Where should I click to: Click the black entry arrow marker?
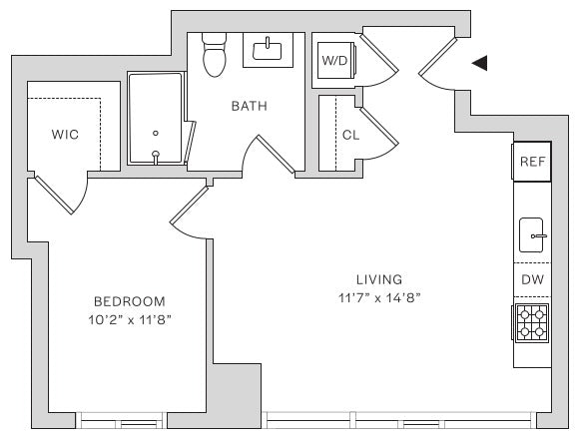pos(481,63)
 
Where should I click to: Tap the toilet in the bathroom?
pos(215,55)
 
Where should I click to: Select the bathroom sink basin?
pos(268,50)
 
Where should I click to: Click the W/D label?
pos(334,60)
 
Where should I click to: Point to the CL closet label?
pos(350,135)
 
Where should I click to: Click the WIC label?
pos(65,135)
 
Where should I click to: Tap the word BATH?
pos(250,107)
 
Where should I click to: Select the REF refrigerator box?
pos(532,162)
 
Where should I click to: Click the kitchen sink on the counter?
pos(532,235)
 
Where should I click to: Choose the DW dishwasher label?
pos(532,279)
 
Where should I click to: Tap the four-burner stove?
pos(532,323)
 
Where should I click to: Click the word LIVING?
pos(379,279)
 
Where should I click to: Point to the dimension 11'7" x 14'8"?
pos(379,297)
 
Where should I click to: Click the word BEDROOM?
pos(130,301)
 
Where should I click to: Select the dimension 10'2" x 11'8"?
pos(130,319)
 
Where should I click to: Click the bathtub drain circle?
pos(156,134)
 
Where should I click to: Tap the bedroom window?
pos(122,420)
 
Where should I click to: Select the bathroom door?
pos(276,154)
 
